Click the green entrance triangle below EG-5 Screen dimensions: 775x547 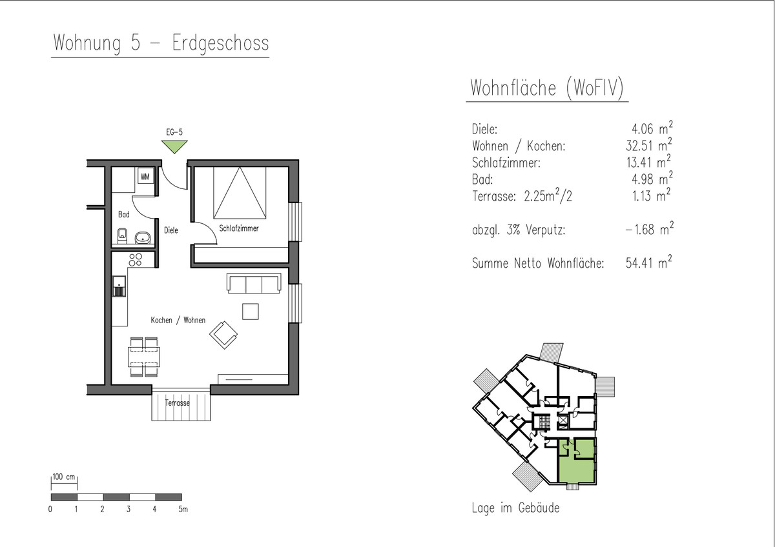tap(174, 146)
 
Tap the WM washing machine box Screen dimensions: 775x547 tap(145, 177)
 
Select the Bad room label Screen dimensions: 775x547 tap(123, 214)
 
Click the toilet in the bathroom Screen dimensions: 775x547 tap(122, 235)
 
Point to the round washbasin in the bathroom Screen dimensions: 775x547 tap(143, 238)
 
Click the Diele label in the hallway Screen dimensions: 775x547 tap(171, 230)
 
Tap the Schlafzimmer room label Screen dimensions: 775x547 tap(239, 228)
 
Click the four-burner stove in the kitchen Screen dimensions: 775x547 tap(135, 259)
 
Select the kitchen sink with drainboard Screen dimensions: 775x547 tap(119, 286)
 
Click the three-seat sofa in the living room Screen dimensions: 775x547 tap(254, 283)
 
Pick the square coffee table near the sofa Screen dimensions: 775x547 tap(250, 312)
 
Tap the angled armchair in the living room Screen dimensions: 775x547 tap(223, 335)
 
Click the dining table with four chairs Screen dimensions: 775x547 tap(144, 357)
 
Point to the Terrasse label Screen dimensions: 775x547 tap(177, 403)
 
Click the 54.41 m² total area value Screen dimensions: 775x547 tap(648, 263)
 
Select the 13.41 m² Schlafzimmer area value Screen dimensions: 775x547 tap(648, 161)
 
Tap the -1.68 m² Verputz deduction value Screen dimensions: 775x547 tap(650, 229)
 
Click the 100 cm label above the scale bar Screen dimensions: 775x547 tap(64, 477)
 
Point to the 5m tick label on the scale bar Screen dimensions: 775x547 tap(183, 509)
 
